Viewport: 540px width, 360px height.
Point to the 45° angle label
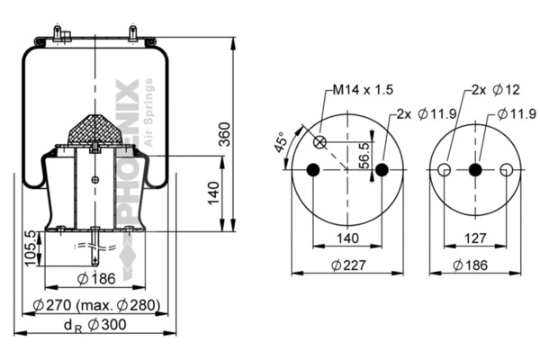[281, 145]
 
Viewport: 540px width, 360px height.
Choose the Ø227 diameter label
[346, 265]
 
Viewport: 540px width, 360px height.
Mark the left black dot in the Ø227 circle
[312, 170]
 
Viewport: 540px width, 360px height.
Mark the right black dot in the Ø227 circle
[382, 170]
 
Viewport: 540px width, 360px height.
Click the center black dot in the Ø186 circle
[475, 170]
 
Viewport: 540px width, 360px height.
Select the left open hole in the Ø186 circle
[444, 170]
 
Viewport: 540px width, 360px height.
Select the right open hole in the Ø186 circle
[507, 170]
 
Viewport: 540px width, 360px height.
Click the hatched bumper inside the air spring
[95, 130]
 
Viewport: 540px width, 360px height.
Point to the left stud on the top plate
[57, 34]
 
